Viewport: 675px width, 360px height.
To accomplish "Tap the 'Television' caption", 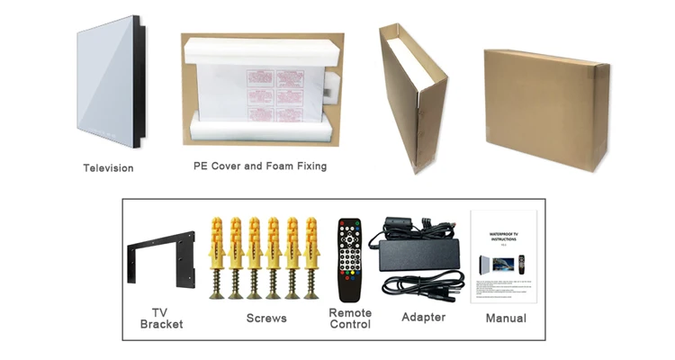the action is (x=108, y=168).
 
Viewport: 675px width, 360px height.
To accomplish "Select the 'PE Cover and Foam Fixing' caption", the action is (x=260, y=166).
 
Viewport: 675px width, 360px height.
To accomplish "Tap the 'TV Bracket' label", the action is (x=161, y=318).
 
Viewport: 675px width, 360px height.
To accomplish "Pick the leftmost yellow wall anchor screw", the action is (x=216, y=256).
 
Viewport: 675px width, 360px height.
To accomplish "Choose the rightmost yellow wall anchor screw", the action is (x=311, y=256).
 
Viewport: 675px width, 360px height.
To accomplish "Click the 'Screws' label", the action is (x=266, y=318).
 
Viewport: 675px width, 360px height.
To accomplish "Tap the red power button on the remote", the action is (x=342, y=224).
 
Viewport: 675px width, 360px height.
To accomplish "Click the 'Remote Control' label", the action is (x=350, y=319).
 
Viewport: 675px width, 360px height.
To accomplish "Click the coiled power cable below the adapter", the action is (x=423, y=285).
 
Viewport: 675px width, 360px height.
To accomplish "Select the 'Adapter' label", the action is (x=423, y=317).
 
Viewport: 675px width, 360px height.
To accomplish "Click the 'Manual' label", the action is (x=506, y=318).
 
